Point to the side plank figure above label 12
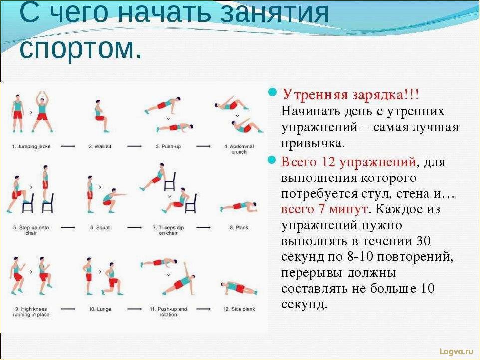click(x=239, y=288)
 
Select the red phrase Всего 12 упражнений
click(x=349, y=162)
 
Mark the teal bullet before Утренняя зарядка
click(x=272, y=93)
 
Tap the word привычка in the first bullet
click(x=312, y=143)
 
